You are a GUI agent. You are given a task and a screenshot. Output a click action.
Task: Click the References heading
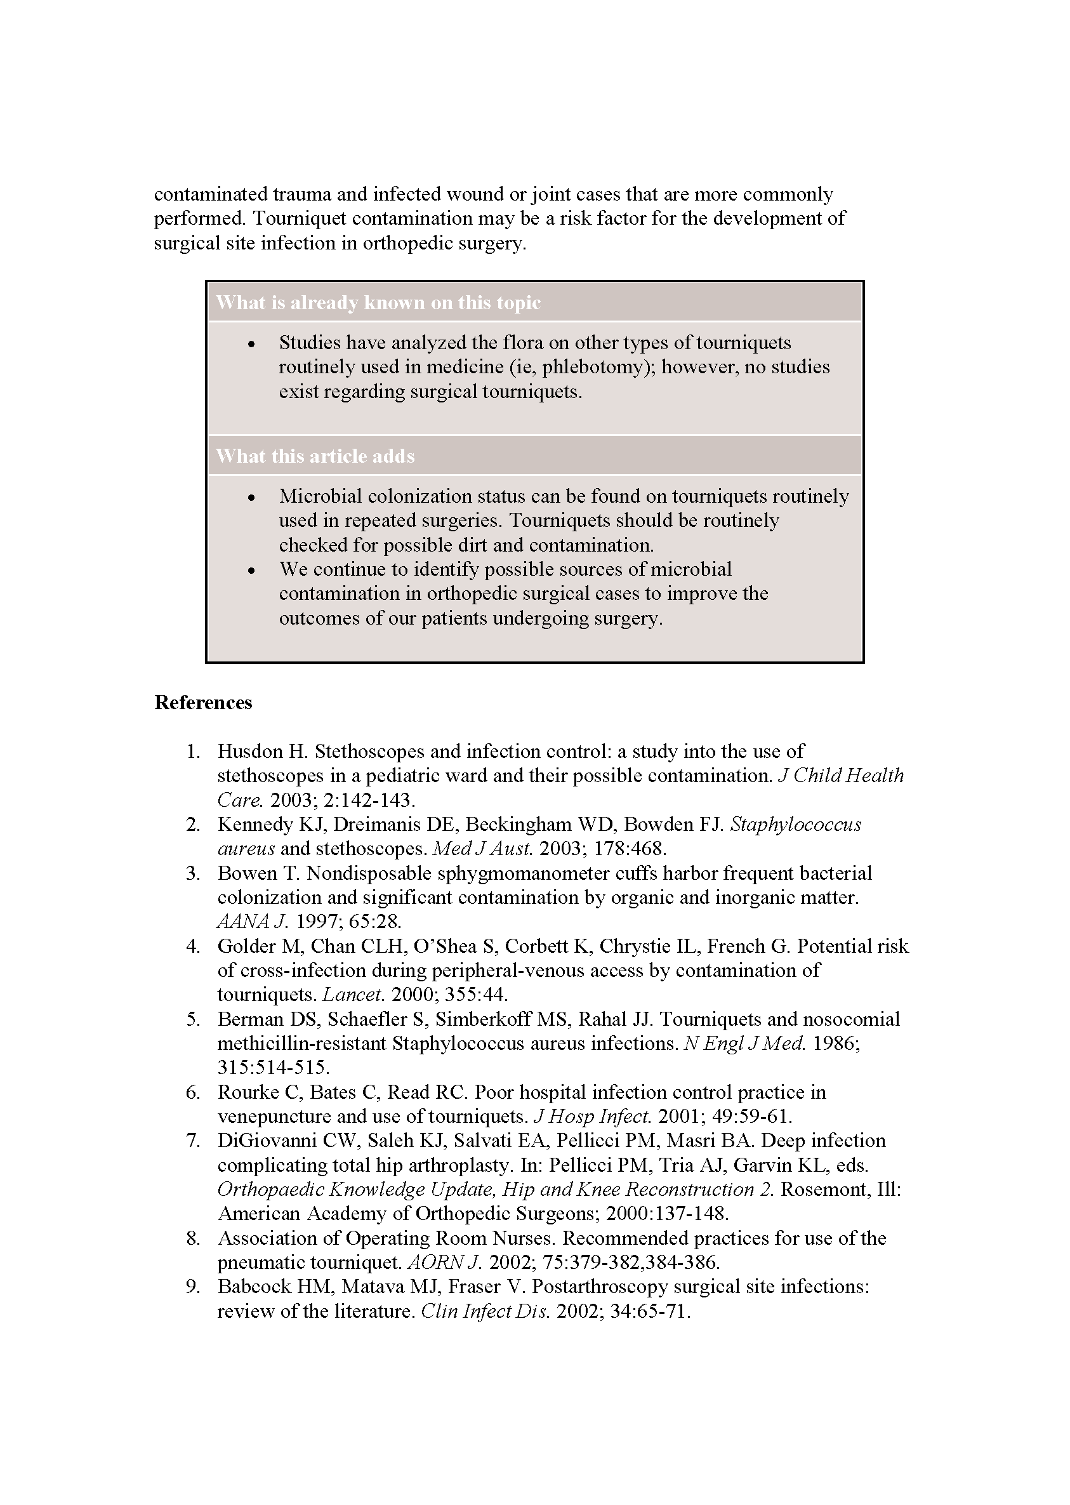203,703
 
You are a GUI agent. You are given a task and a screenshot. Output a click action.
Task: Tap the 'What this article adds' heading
315,456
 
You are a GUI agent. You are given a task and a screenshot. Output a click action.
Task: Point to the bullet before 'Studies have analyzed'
251,345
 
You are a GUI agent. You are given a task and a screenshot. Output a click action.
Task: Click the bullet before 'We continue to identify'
251,571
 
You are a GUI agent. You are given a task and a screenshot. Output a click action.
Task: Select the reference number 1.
192,751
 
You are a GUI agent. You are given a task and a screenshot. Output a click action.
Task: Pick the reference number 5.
192,1019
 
